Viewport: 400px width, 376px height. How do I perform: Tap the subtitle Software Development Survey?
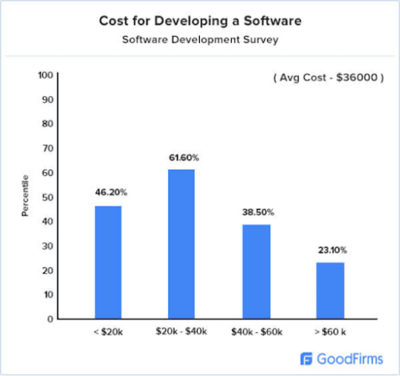199,38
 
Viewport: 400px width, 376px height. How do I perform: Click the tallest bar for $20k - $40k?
181,244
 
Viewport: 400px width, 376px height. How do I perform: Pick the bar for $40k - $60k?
256,272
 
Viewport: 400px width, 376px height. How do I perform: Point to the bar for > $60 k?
330,290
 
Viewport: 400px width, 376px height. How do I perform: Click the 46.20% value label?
108,194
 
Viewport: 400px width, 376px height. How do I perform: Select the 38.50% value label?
256,213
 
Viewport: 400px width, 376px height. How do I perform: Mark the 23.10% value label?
330,250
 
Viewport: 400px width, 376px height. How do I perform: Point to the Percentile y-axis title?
25,197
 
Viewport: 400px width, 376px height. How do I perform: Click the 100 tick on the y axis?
46,75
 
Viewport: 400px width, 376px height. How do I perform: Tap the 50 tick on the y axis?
47,197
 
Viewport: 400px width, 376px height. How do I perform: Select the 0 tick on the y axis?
50,319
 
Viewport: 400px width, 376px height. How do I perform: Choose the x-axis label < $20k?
108,330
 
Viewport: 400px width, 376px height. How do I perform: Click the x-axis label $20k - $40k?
181,330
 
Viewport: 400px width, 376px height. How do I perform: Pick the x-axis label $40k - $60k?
256,330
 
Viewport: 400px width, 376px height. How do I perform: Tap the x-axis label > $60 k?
330,330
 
